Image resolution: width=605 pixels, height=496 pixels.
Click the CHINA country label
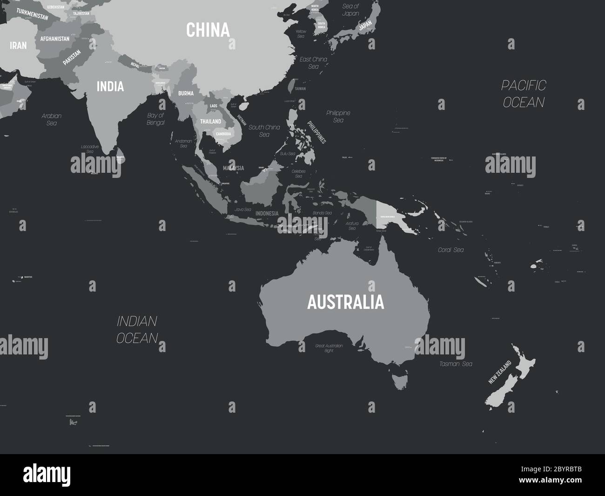(x=208, y=30)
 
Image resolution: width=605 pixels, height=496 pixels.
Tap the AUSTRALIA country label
(x=345, y=302)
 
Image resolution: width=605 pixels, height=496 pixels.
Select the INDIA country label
(x=110, y=86)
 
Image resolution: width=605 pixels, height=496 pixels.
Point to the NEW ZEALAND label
(x=499, y=372)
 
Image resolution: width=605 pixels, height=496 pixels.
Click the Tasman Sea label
(x=456, y=364)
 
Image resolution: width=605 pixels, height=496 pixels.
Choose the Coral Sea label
(x=450, y=250)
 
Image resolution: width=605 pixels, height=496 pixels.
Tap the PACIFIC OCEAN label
(x=524, y=94)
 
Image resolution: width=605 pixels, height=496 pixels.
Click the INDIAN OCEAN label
(x=137, y=329)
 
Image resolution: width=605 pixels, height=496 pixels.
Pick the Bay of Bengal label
(x=155, y=119)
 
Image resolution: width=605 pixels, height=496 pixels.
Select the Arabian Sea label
(x=52, y=119)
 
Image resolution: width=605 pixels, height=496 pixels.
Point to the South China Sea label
(x=264, y=130)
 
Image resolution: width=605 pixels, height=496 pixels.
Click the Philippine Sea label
(x=338, y=116)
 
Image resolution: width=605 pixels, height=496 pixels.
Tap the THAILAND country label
(x=210, y=121)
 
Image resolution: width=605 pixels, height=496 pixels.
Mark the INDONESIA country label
(x=267, y=213)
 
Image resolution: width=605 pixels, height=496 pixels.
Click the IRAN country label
(x=18, y=45)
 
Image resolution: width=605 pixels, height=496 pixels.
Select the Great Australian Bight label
(x=329, y=348)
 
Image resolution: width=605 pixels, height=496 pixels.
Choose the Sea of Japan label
(x=350, y=10)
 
